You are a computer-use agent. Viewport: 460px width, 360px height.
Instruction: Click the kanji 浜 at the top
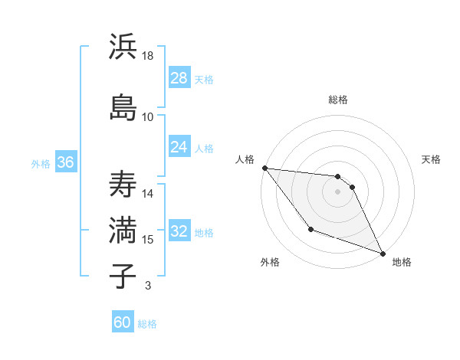click(123, 47)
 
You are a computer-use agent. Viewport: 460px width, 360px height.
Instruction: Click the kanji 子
click(123, 275)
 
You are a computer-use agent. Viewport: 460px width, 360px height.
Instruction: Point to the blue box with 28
click(179, 78)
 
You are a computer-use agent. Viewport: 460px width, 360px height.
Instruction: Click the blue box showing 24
click(179, 147)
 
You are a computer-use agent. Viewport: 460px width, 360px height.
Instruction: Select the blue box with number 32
click(179, 231)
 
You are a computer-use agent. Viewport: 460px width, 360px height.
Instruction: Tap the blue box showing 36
click(65, 162)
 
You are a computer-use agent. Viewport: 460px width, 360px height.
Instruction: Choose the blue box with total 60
click(123, 322)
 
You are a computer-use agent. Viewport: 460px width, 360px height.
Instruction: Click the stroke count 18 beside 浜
click(149, 56)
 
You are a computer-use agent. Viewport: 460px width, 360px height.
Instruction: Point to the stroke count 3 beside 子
click(148, 286)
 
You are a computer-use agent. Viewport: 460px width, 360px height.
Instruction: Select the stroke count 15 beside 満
click(148, 240)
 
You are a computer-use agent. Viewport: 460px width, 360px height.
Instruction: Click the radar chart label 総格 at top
click(338, 100)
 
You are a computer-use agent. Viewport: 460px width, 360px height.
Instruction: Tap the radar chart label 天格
click(431, 159)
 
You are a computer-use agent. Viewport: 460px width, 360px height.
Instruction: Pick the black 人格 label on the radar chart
click(245, 159)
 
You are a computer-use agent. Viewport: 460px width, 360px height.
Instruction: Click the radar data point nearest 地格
click(383, 254)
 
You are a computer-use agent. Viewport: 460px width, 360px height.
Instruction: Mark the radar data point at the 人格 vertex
click(264, 168)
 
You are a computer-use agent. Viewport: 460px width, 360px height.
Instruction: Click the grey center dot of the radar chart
click(338, 191)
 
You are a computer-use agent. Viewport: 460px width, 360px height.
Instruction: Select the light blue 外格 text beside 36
click(41, 163)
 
